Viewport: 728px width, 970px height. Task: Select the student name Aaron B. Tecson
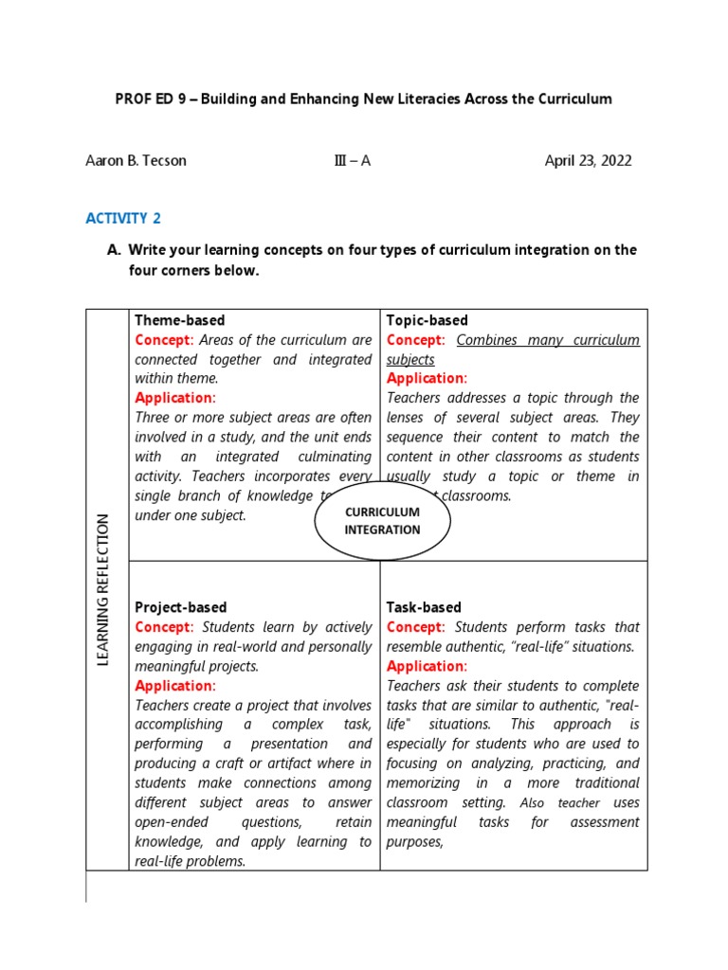coord(136,160)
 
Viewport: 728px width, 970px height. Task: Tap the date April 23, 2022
coord(588,160)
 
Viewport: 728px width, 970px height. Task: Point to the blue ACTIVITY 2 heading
coord(123,219)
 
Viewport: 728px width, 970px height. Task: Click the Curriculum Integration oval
coord(382,521)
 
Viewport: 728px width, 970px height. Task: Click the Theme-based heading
coord(179,320)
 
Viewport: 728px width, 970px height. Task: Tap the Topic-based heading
coord(427,320)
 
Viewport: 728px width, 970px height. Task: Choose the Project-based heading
coord(180,607)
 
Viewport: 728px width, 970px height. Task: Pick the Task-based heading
coord(424,607)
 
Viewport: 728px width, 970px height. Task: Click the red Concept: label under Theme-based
coord(164,340)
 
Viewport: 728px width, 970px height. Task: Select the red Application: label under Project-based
coord(174,686)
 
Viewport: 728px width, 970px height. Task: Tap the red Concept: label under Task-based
coord(415,627)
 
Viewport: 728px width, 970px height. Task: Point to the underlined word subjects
coord(410,360)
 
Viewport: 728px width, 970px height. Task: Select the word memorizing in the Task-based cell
coord(423,783)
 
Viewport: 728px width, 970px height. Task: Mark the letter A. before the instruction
coord(113,250)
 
